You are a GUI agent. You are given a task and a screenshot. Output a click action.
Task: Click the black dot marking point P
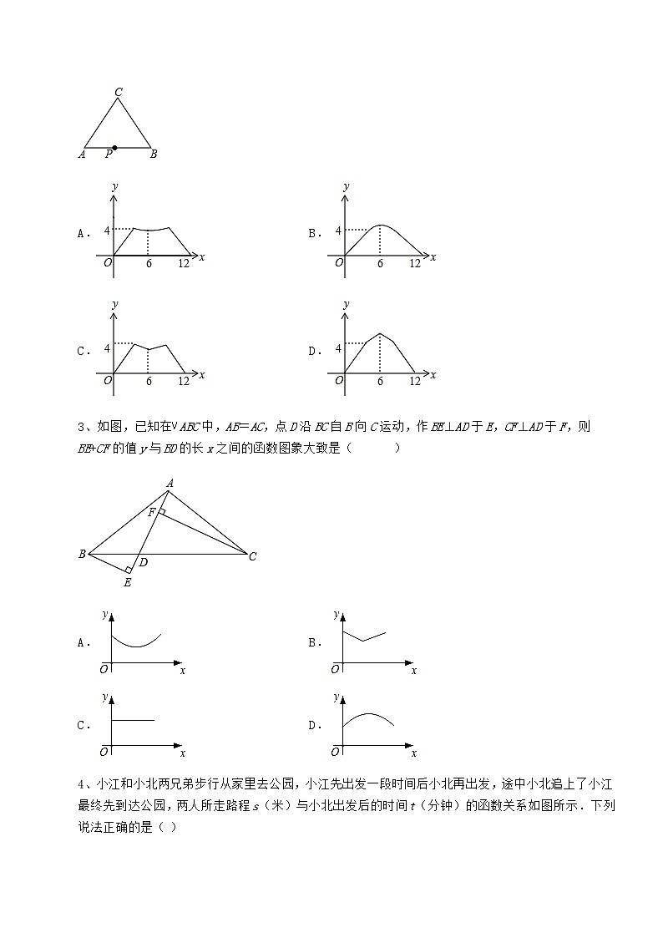pos(114,148)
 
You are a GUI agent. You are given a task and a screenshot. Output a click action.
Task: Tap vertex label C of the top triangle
pos(119,92)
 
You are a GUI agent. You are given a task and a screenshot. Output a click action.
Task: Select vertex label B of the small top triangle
pos(154,154)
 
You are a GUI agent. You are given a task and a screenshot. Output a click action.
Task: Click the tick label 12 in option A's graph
pos(183,264)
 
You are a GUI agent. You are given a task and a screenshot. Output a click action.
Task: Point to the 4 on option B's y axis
pos(337,230)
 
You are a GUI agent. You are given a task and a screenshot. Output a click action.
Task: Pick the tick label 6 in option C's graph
pos(149,382)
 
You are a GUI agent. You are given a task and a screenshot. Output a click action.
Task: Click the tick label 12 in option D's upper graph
pos(414,382)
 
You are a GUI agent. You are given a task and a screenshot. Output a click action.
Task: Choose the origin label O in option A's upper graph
pos(107,263)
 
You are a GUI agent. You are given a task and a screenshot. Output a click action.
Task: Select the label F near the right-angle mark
pos(151,512)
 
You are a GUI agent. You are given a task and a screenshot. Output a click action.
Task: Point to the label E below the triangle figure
pos(127,582)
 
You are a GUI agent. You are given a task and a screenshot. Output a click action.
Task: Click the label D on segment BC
pos(144,562)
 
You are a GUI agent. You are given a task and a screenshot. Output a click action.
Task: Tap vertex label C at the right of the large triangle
pos(252,556)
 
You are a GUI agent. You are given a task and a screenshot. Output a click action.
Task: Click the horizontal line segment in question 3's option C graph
pos(134,719)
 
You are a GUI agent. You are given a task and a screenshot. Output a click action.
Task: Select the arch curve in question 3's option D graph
pos(368,717)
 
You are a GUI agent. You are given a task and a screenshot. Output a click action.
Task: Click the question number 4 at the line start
pos(79,784)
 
